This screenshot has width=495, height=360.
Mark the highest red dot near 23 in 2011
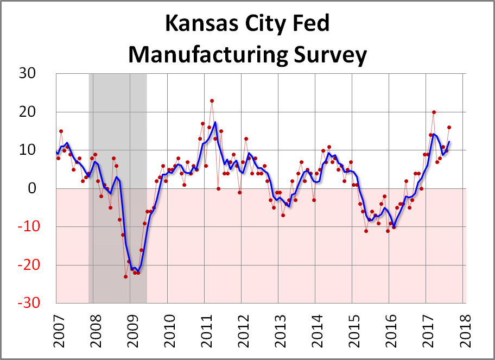tap(212, 100)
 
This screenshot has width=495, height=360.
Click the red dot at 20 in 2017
tap(434, 112)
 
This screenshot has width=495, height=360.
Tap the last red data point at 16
tap(449, 128)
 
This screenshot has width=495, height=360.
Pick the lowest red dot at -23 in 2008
tap(125, 276)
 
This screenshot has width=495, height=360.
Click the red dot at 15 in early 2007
tap(61, 131)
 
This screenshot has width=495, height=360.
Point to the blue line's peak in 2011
tap(215, 122)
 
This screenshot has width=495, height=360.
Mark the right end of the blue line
tap(449, 142)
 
